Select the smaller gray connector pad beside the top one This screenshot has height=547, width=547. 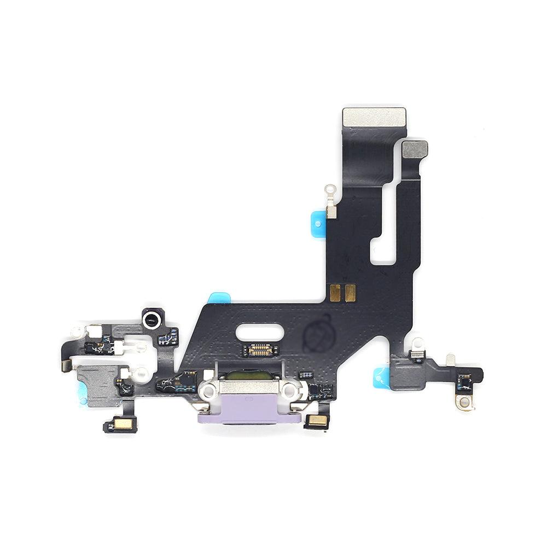(x=415, y=149)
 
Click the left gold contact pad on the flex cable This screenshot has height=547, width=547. (x=336, y=292)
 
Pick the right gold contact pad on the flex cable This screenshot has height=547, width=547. (x=350, y=292)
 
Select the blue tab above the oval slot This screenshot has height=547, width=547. (x=220, y=298)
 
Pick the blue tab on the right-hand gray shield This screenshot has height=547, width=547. (x=381, y=377)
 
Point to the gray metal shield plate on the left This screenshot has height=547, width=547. (x=98, y=386)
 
